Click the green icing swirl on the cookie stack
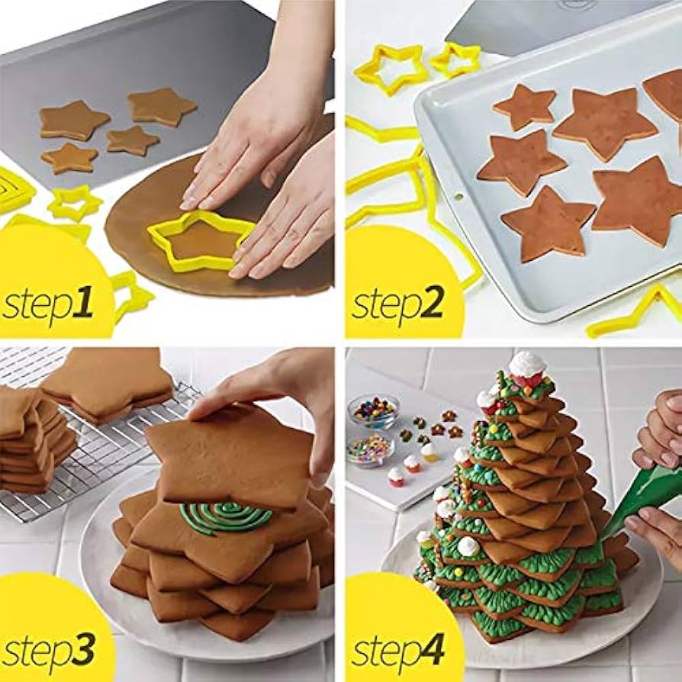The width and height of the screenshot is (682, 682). click(225, 516)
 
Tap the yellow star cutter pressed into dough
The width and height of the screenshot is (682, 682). click(201, 241)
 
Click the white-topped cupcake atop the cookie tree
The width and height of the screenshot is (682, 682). click(527, 368)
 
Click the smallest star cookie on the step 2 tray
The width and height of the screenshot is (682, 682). click(525, 106)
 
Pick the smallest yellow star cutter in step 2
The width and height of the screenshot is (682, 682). click(455, 60)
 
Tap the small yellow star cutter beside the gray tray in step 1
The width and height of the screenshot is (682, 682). click(75, 204)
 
